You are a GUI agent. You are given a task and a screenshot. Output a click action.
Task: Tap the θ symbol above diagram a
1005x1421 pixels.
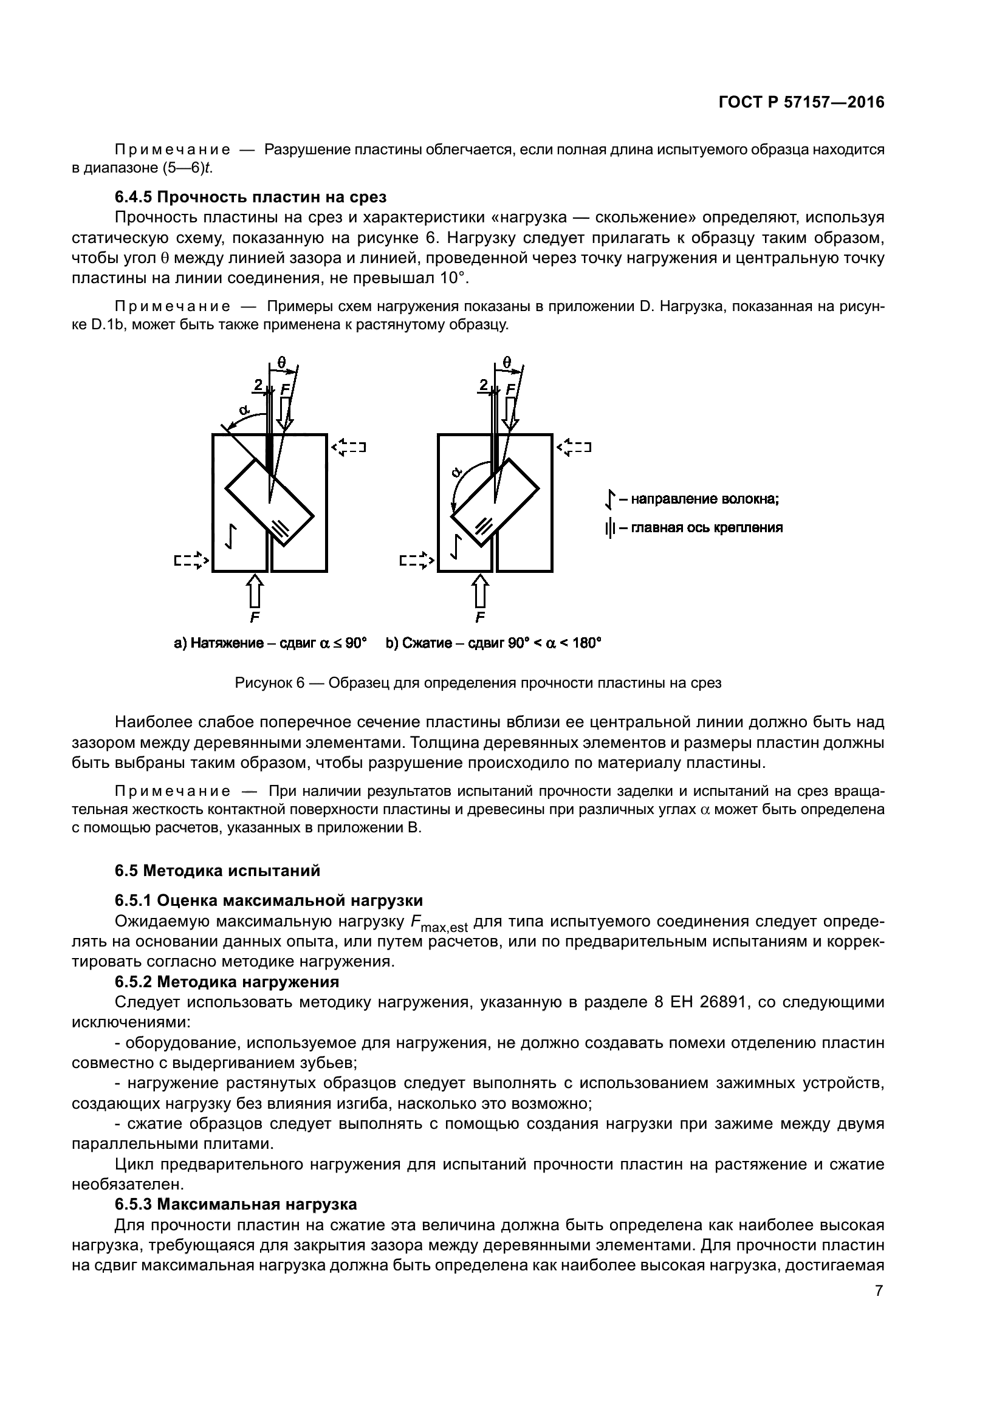[282, 363]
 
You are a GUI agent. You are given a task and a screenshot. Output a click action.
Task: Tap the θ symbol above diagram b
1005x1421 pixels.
[507, 363]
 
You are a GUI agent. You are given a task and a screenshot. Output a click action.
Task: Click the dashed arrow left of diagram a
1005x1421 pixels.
[191, 560]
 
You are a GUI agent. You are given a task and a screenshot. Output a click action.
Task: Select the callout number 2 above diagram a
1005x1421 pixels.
[258, 385]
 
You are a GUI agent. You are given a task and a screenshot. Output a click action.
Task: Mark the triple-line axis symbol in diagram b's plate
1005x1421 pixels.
[484, 526]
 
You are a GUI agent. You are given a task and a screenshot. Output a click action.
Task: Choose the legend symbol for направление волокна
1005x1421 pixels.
[610, 499]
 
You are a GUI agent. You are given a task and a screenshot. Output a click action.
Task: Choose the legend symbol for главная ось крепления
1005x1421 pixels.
[610, 528]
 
